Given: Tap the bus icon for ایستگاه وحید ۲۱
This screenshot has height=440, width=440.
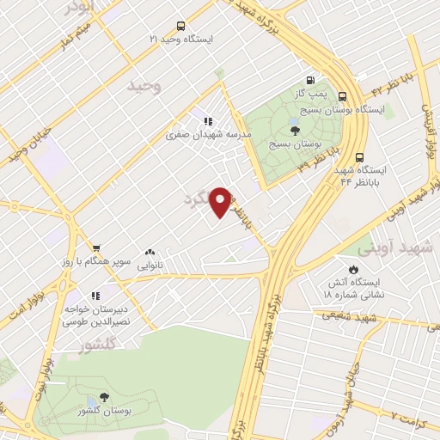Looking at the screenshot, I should tap(180, 26).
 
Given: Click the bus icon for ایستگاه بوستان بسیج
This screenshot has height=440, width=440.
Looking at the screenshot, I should tap(343, 96).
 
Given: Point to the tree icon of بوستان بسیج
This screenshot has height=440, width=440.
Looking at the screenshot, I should tap(296, 131).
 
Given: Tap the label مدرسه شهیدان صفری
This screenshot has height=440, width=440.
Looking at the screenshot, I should tap(209, 135).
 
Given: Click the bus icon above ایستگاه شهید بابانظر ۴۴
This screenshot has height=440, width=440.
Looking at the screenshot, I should tap(359, 157).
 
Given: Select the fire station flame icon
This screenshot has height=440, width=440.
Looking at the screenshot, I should tap(351, 269).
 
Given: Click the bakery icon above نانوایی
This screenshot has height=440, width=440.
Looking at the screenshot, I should tap(150, 253).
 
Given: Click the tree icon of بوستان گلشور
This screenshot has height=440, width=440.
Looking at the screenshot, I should tap(104, 398).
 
